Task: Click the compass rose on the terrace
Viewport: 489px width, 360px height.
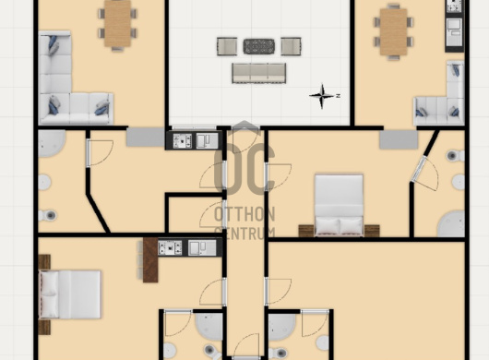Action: pyautogui.click(x=323, y=96)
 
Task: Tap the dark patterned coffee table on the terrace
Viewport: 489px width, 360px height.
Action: pyautogui.click(x=259, y=46)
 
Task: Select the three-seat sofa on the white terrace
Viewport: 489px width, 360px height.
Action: pyautogui.click(x=259, y=73)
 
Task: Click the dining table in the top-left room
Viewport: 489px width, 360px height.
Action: pyautogui.click(x=117, y=24)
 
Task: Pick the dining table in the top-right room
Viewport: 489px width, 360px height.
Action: pyautogui.click(x=394, y=31)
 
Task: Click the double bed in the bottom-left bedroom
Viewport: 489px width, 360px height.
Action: pyautogui.click(x=70, y=294)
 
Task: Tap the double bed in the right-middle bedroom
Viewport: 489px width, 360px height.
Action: pyautogui.click(x=339, y=205)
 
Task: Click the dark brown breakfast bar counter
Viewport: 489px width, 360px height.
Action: pyautogui.click(x=150, y=260)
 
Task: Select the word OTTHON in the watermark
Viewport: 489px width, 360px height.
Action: pyautogui.click(x=244, y=214)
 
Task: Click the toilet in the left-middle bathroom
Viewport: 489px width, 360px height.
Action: pyautogui.click(x=47, y=215)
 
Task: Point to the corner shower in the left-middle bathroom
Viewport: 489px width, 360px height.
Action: pyautogui.click(x=51, y=143)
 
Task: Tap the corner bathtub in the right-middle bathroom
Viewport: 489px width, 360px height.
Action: pyautogui.click(x=450, y=223)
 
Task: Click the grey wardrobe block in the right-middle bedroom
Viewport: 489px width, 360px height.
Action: pyautogui.click(x=399, y=139)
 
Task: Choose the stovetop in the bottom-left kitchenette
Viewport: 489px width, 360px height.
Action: pyautogui.click(x=170, y=248)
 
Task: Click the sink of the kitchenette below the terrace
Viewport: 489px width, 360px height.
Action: pyautogui.click(x=207, y=140)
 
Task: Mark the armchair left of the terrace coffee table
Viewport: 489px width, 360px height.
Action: pyautogui.click(x=227, y=46)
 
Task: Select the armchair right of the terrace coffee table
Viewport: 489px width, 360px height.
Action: pyautogui.click(x=291, y=46)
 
